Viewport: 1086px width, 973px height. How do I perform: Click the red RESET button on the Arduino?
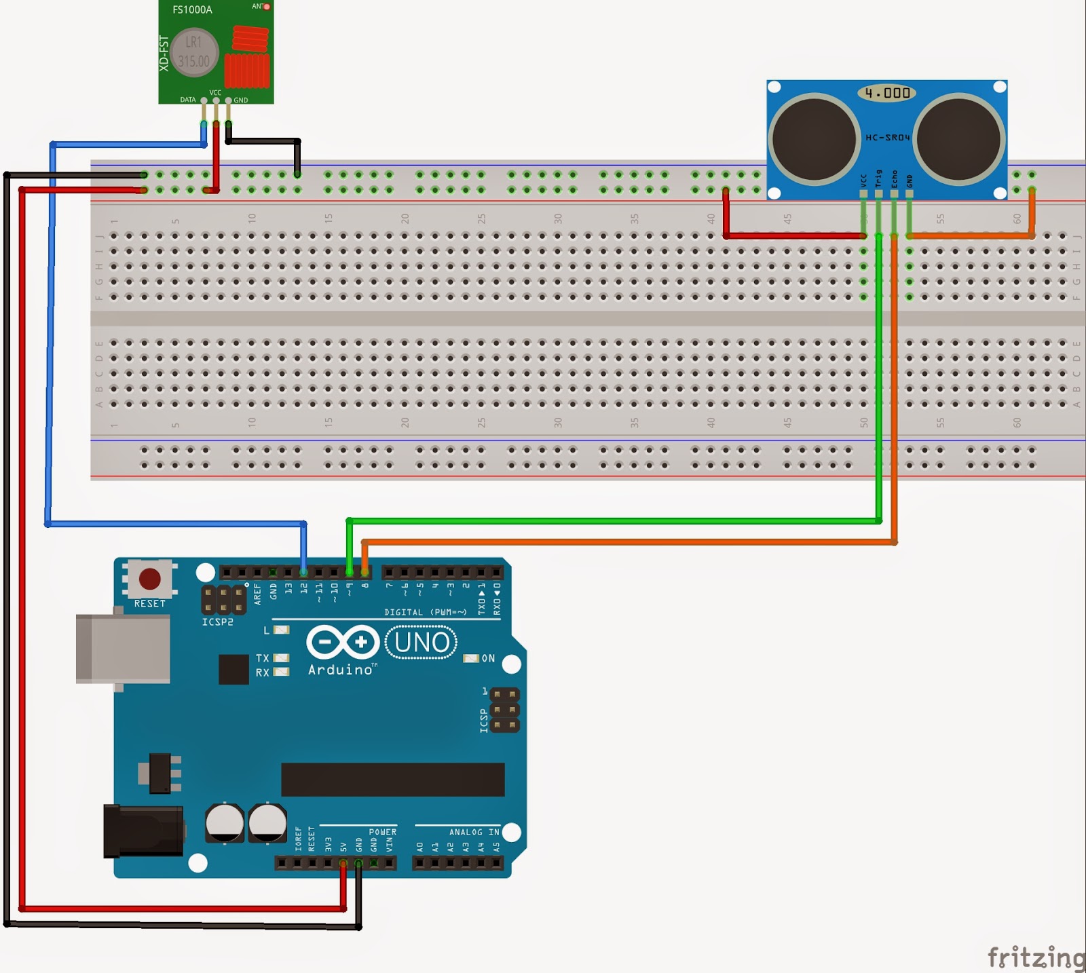tap(149, 579)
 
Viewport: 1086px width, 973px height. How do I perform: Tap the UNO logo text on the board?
tap(422, 642)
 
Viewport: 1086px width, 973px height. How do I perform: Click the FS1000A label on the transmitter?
tap(192, 9)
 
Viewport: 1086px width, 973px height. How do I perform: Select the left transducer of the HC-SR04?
tap(814, 138)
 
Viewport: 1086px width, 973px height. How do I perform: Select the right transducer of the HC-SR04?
tap(959, 138)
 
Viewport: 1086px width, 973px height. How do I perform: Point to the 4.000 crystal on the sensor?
tap(887, 93)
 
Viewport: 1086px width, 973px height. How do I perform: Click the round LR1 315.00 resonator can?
tap(193, 52)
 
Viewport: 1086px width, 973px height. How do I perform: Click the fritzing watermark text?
tap(1035, 957)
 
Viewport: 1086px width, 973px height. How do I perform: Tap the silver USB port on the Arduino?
tap(123, 648)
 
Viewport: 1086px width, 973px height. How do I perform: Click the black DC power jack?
tap(143, 831)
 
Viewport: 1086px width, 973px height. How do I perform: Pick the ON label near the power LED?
tap(488, 658)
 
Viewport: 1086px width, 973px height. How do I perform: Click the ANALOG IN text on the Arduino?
tap(474, 832)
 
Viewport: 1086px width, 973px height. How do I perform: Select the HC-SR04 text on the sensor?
tap(887, 138)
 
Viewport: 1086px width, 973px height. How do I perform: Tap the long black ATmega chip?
tap(392, 779)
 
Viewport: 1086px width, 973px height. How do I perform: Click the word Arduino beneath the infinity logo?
tap(340, 670)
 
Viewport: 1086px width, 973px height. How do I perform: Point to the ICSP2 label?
tap(217, 622)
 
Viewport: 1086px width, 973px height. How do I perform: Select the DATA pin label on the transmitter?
tap(188, 100)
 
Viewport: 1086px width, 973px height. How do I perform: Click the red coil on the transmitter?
tap(250, 39)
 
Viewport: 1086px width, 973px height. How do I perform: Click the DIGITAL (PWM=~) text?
tap(426, 612)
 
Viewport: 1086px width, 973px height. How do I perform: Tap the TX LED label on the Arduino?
tap(263, 658)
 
